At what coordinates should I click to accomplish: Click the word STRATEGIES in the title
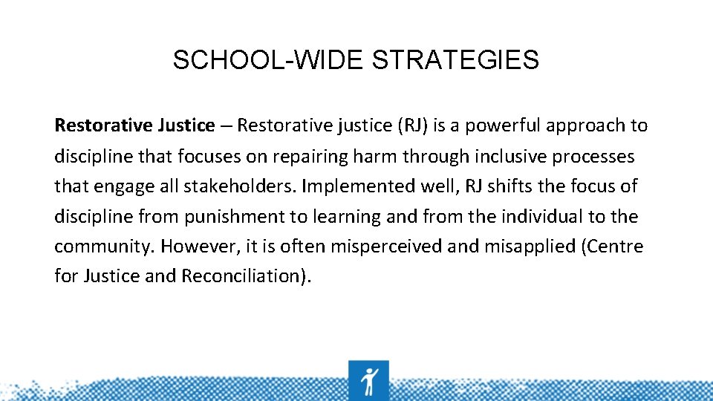[455, 60]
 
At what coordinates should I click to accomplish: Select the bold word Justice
[186, 125]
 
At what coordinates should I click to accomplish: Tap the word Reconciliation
[244, 276]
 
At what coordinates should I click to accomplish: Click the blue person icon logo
[368, 380]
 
